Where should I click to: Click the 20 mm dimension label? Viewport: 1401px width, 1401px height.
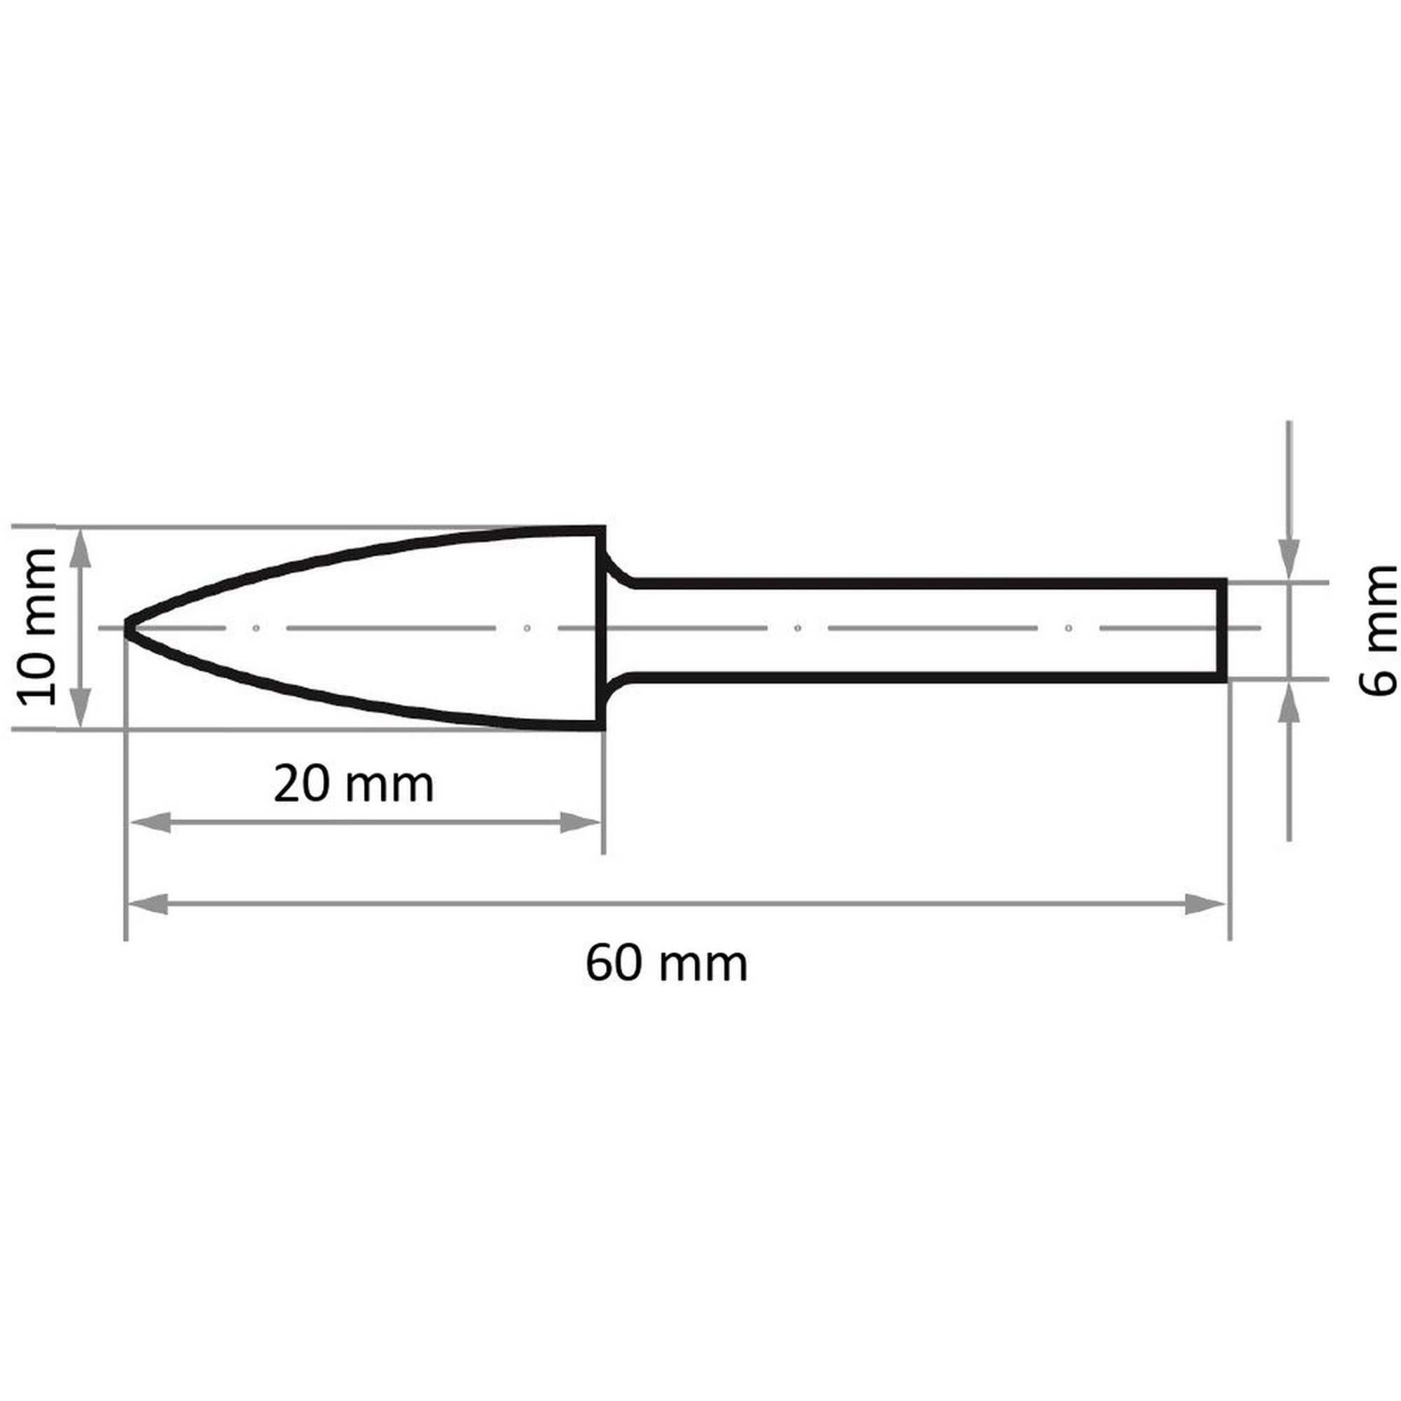(353, 785)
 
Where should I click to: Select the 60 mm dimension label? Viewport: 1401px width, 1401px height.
(666, 965)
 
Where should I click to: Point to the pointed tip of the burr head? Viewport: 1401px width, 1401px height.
(125, 627)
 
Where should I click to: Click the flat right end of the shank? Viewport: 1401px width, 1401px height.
(1222, 628)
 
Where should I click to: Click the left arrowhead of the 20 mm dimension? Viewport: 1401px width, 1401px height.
(149, 822)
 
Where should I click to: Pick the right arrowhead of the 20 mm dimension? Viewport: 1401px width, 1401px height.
(581, 822)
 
